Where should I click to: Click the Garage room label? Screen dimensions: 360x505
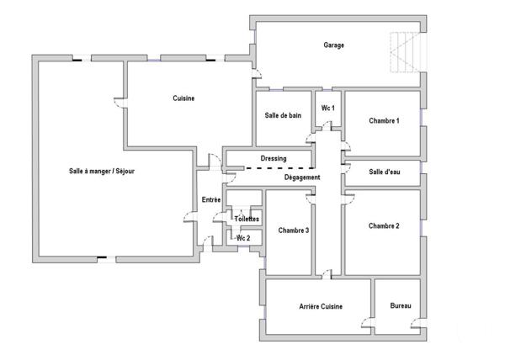click(334, 45)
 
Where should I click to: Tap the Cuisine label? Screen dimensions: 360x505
click(183, 98)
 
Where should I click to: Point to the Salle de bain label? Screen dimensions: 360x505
click(283, 115)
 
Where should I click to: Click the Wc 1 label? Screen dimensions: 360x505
click(328, 109)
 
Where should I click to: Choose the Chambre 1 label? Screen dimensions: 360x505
click(384, 121)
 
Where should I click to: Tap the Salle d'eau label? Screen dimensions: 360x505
click(384, 172)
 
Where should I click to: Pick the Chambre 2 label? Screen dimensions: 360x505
click(384, 225)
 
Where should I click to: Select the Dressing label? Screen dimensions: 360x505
click(274, 158)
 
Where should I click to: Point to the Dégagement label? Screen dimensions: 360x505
click(301, 177)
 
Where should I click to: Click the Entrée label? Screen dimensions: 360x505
click(211, 199)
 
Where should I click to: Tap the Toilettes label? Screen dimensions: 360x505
click(247, 219)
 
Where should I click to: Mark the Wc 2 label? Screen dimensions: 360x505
click(243, 238)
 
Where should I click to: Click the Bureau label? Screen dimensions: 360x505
click(401, 307)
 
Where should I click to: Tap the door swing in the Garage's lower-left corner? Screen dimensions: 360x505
click(260, 82)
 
